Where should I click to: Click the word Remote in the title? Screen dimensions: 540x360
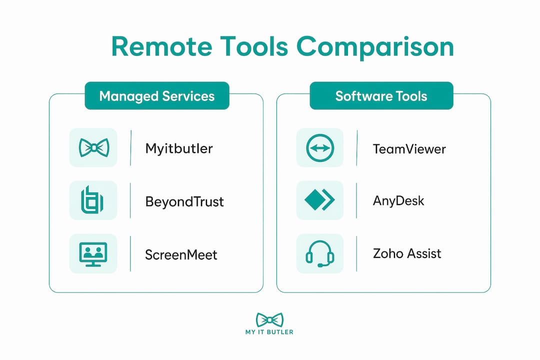(161, 47)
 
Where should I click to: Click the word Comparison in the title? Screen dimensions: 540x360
(375, 47)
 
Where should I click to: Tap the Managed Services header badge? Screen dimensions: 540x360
(157, 96)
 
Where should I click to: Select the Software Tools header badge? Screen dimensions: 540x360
(381, 96)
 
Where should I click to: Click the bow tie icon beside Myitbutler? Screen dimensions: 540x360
(93, 148)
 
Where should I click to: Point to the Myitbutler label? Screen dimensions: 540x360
(178, 149)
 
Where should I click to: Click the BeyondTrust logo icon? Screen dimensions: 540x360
(92, 200)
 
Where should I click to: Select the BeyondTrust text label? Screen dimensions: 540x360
(184, 201)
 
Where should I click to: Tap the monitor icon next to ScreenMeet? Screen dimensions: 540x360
(93, 254)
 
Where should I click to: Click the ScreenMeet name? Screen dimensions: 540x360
(181, 255)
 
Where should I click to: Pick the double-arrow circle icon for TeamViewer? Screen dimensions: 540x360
(320, 148)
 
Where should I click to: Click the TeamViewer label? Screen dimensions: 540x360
(409, 149)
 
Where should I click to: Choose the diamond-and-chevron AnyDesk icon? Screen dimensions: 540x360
(319, 200)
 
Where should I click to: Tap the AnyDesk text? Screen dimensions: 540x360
(398, 200)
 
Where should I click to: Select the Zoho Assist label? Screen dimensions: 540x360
(406, 253)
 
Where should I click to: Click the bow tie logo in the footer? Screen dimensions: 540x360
(269, 320)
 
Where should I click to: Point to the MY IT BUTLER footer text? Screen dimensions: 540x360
(269, 332)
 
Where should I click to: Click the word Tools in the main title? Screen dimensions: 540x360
(254, 47)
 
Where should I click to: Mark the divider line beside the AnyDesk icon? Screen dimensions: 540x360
(356, 200)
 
